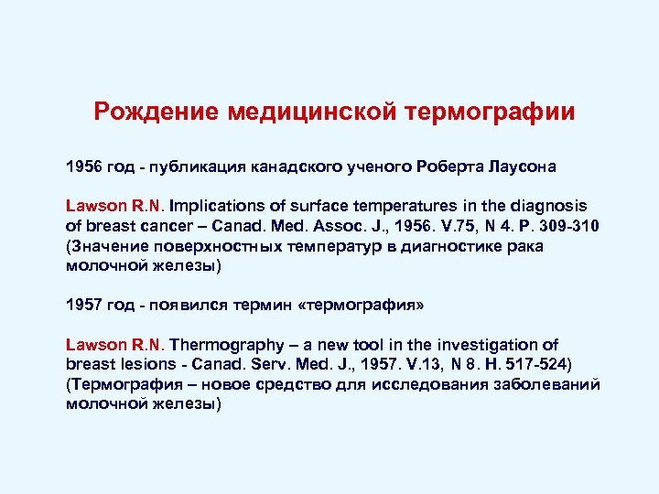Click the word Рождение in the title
point(154,113)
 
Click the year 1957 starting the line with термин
point(85,303)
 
